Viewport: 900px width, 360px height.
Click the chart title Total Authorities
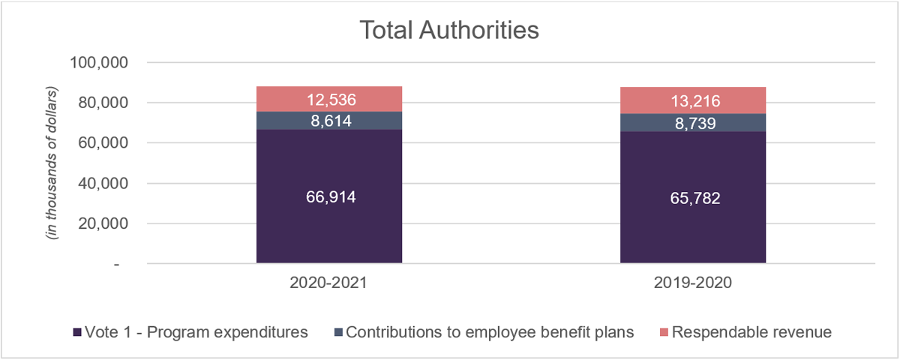[x=449, y=31]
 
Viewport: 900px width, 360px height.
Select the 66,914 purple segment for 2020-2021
[x=329, y=196]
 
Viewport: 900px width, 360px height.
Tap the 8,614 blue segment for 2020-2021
[x=329, y=120]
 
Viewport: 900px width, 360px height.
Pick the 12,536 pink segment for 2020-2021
[x=329, y=99]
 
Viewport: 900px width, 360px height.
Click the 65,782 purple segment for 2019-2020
[x=693, y=198]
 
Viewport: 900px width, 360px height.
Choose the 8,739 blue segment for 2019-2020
[x=693, y=122]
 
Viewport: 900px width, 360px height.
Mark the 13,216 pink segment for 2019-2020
[x=693, y=100]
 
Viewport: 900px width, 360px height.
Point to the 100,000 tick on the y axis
[x=99, y=62]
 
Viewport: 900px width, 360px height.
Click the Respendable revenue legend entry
[x=751, y=332]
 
